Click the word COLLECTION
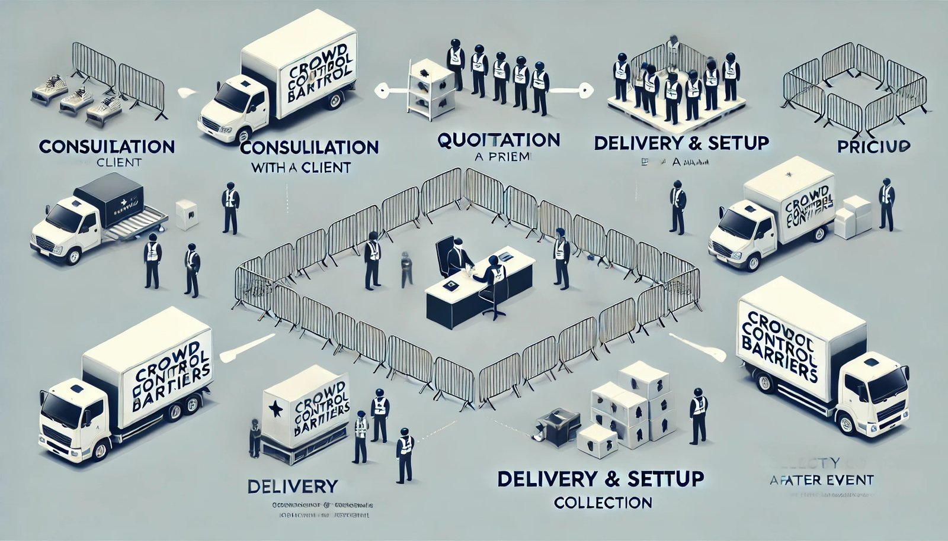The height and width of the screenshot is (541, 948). click(603, 503)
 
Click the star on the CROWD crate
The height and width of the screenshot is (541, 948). click(274, 408)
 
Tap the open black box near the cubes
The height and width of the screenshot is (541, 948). click(554, 424)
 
